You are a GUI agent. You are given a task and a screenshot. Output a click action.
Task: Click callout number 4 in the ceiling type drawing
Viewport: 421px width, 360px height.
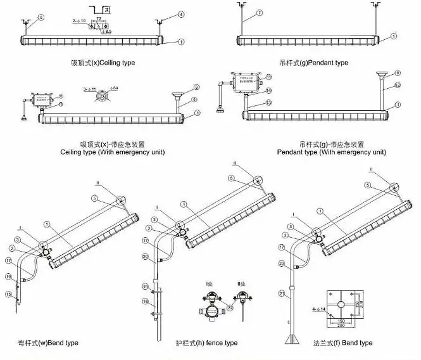tap(182, 14)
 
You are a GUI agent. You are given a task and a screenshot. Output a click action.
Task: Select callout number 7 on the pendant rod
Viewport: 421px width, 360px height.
tap(241, 13)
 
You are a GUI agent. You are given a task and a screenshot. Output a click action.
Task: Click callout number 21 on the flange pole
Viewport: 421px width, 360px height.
tap(281, 294)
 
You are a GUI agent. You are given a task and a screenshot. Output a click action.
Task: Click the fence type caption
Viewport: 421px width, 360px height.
tap(206, 343)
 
